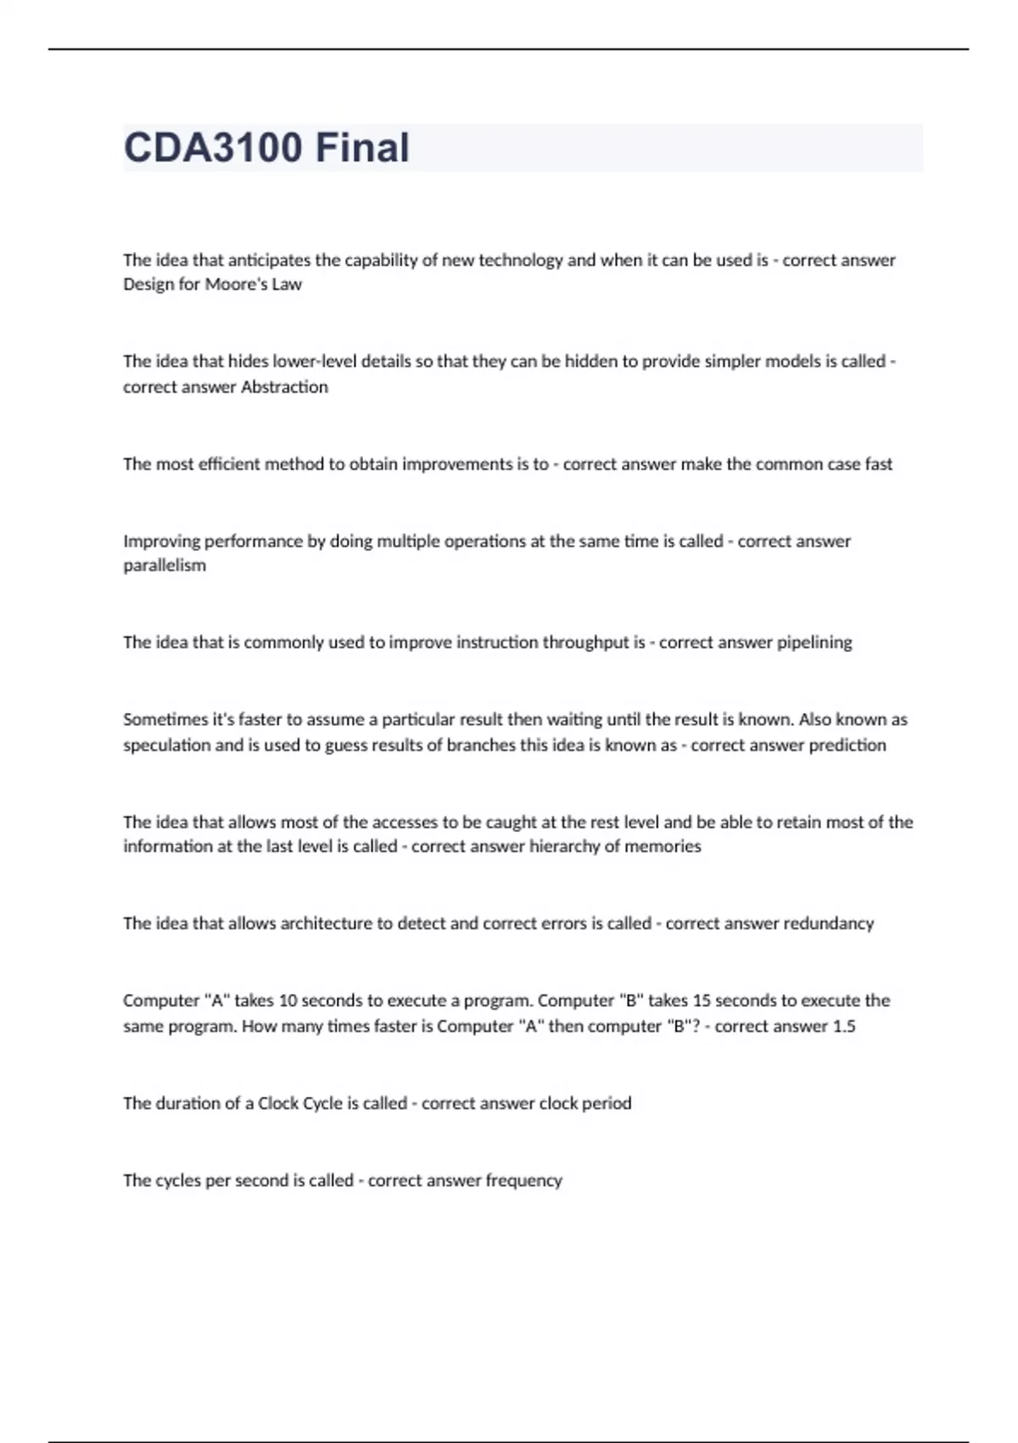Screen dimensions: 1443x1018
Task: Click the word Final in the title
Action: pyautogui.click(x=362, y=148)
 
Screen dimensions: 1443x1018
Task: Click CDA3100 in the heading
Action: pyautogui.click(x=213, y=148)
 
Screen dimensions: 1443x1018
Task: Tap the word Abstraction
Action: pyautogui.click(x=284, y=387)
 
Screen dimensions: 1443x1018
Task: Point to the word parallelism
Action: pyautogui.click(x=165, y=565)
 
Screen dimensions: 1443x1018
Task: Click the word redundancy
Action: pyautogui.click(x=828, y=924)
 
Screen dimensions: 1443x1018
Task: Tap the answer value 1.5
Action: pyautogui.click(x=843, y=1026)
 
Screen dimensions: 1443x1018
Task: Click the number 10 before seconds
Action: pyautogui.click(x=288, y=1001)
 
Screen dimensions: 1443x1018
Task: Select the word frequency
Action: pyautogui.click(x=523, y=1181)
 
